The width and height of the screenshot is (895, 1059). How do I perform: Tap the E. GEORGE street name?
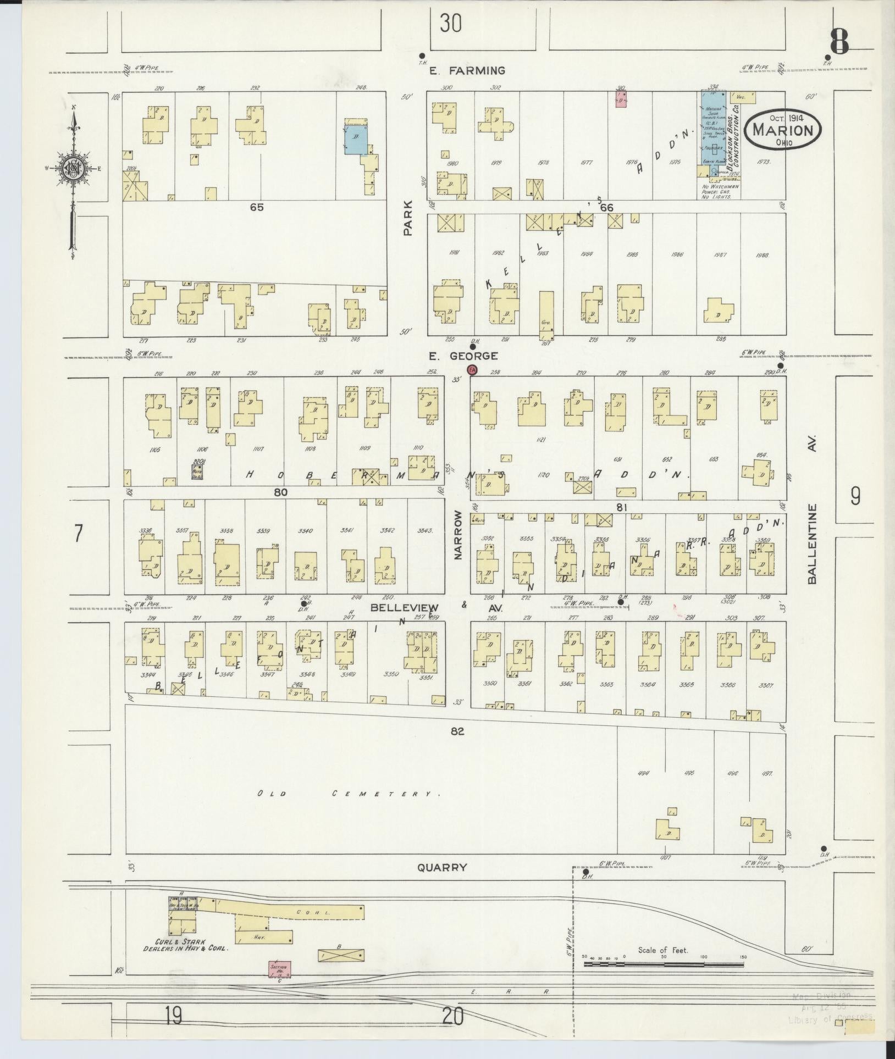[x=463, y=356]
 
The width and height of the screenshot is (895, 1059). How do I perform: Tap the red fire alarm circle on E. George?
[x=471, y=370]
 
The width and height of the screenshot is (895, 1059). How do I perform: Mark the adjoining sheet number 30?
[x=450, y=24]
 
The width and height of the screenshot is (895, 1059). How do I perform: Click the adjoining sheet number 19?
[x=173, y=1017]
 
